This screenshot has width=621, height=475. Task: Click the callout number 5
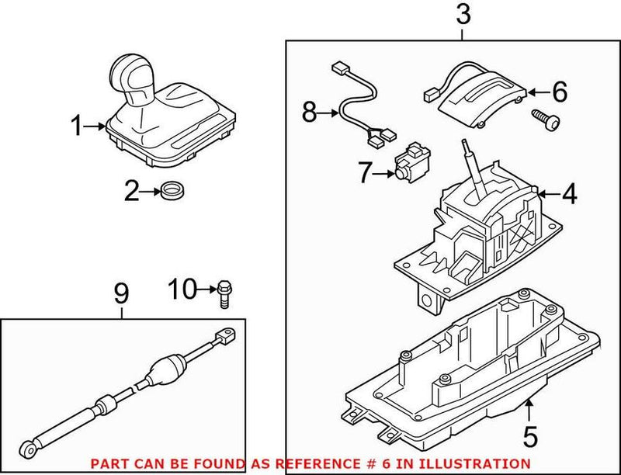pyautogui.click(x=529, y=436)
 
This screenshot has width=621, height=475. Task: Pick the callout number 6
pyautogui.click(x=559, y=92)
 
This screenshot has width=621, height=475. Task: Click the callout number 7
pyautogui.click(x=365, y=173)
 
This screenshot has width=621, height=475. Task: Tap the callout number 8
pyautogui.click(x=310, y=114)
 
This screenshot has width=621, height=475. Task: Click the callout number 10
pyautogui.click(x=183, y=290)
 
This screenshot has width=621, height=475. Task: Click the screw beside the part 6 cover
pyautogui.click(x=543, y=119)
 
